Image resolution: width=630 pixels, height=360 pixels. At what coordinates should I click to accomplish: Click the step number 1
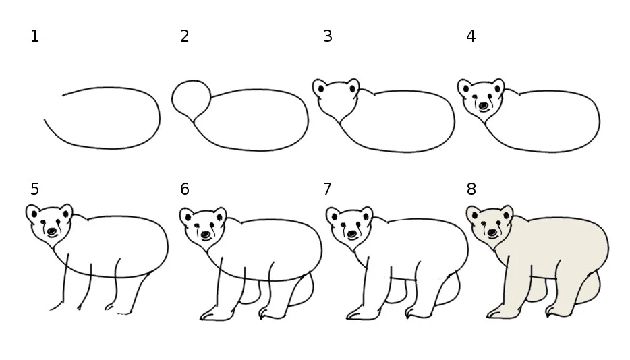tap(34, 36)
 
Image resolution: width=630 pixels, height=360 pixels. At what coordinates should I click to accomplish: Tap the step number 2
tap(184, 36)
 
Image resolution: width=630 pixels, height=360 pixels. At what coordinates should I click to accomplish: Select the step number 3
tap(327, 36)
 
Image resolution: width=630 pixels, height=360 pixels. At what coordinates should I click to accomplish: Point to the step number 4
tap(471, 36)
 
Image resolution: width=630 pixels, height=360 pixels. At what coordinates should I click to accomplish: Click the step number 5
tap(34, 189)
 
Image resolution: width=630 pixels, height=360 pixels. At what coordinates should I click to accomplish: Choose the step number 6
tap(184, 189)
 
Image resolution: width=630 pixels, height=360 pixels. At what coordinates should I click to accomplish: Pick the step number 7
tap(327, 189)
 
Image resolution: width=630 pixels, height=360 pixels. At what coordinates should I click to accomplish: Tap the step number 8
tap(471, 189)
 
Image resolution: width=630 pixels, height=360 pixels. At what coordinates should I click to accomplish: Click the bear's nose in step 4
tap(484, 106)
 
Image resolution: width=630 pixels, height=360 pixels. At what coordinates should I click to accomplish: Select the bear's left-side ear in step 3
tap(320, 87)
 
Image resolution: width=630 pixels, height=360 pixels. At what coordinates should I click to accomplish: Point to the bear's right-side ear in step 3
tap(353, 86)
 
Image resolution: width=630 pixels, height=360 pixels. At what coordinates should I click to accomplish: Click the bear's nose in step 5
tap(52, 231)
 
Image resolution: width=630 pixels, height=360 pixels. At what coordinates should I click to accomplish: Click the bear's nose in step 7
tap(352, 234)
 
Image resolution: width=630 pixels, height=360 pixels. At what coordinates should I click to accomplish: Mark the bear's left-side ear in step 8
tap(474, 214)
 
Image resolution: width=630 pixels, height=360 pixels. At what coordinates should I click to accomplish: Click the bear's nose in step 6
tap(206, 234)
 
